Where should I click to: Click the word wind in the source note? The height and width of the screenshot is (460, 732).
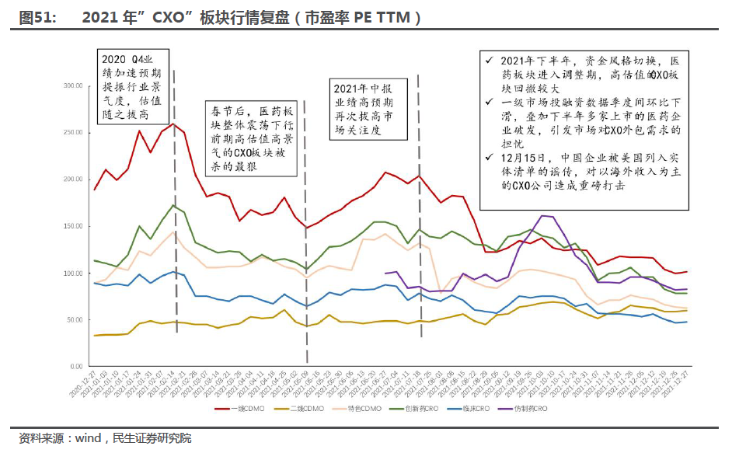click(x=88, y=439)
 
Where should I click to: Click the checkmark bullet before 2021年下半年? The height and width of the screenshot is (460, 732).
click(x=489, y=61)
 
